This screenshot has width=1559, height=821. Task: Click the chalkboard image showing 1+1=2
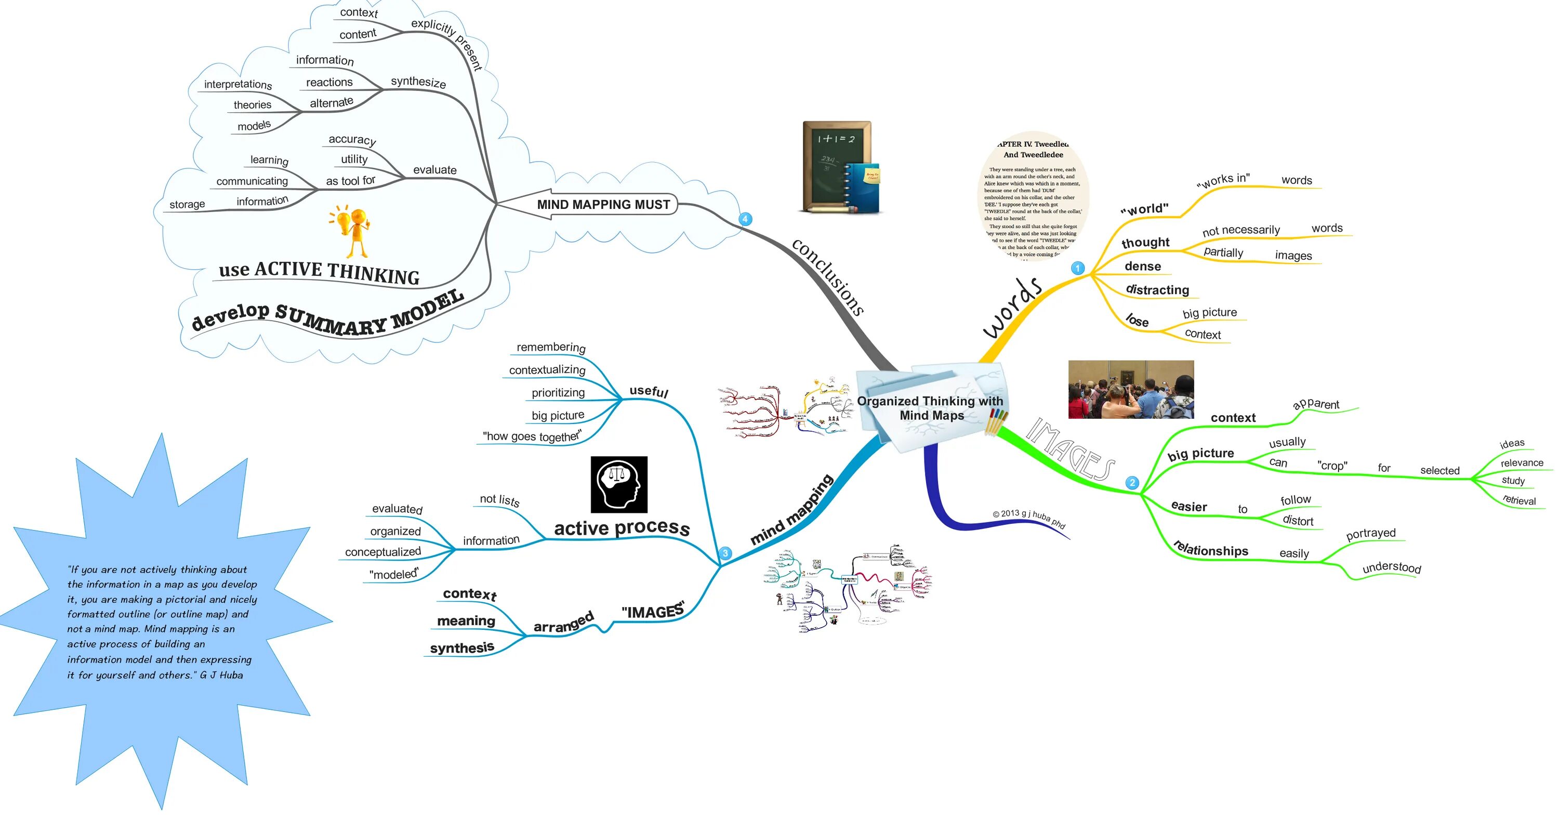[x=839, y=166]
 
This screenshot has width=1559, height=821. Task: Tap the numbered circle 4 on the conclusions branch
[x=745, y=219]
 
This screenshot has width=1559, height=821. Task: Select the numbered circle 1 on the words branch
[x=1077, y=268]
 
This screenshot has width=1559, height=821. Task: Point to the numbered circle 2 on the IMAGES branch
[x=1132, y=482]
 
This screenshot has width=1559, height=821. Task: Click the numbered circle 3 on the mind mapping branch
[x=725, y=553]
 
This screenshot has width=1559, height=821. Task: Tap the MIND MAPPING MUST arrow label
[x=603, y=205]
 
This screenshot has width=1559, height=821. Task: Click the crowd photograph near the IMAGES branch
[x=1130, y=389]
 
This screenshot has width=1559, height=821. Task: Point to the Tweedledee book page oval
[x=1034, y=196]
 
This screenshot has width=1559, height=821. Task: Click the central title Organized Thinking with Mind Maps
[x=930, y=408]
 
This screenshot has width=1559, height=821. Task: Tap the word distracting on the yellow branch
[x=1157, y=290]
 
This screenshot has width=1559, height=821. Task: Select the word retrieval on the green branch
[x=1519, y=500]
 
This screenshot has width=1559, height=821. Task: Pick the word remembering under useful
[x=551, y=347]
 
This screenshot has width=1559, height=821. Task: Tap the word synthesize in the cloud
[x=418, y=82]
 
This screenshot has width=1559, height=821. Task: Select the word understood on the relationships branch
[x=1391, y=567]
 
